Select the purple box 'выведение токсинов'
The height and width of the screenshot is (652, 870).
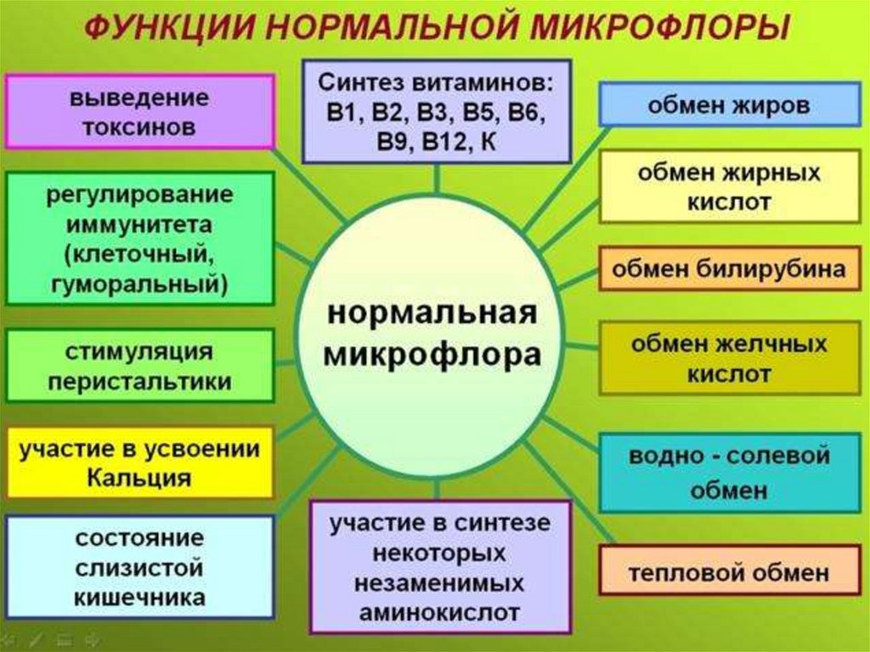point(139,112)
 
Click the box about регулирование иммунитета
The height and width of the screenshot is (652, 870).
point(139,238)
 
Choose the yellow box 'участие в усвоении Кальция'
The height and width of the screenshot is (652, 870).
point(139,463)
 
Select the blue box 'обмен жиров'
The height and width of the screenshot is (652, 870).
point(729,105)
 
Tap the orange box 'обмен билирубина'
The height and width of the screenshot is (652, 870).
point(729,269)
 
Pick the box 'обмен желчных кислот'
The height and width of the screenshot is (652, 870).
point(729,358)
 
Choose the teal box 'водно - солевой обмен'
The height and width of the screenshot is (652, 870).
point(729,473)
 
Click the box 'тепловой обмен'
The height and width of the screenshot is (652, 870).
point(729,572)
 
